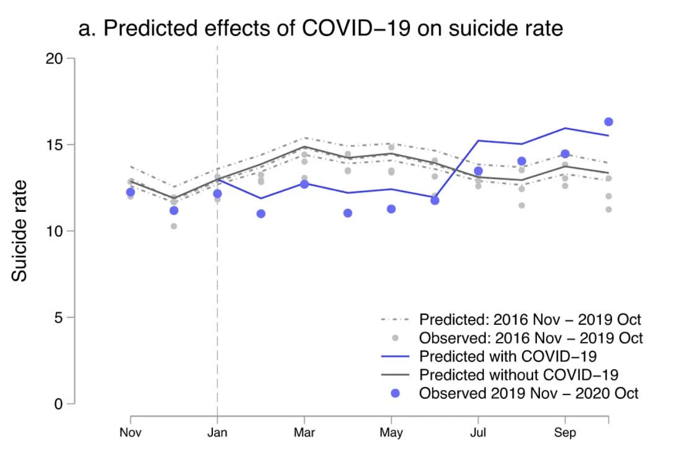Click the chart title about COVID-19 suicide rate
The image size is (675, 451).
click(320, 29)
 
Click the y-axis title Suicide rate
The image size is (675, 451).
click(20, 231)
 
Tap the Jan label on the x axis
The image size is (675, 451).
click(217, 433)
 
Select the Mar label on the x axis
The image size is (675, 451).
click(304, 433)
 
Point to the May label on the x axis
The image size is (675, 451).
click(391, 433)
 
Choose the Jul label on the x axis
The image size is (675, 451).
click(478, 433)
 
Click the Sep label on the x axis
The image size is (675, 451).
click(565, 433)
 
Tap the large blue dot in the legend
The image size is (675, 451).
click(396, 393)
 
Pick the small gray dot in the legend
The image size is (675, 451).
click(396, 338)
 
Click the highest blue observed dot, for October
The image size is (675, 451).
click(608, 122)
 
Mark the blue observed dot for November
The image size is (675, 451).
click(130, 192)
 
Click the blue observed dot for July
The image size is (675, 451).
click(478, 171)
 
